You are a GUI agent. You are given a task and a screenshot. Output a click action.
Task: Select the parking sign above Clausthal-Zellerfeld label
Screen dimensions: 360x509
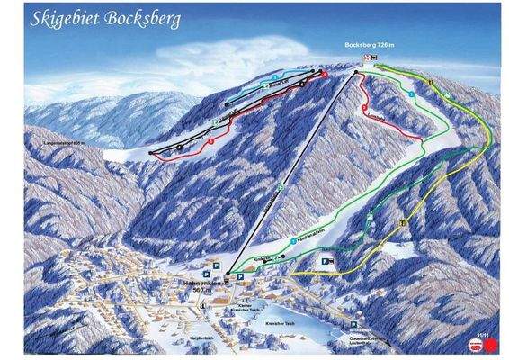click(353, 327)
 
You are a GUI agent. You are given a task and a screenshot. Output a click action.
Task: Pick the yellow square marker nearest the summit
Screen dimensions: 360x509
click(431, 83)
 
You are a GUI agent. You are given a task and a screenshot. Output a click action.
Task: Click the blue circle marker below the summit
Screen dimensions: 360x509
click(410, 94)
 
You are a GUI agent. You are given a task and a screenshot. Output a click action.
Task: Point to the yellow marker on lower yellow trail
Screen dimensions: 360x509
click(404, 221)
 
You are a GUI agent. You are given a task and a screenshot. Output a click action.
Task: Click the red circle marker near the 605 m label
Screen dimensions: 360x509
click(210, 141)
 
